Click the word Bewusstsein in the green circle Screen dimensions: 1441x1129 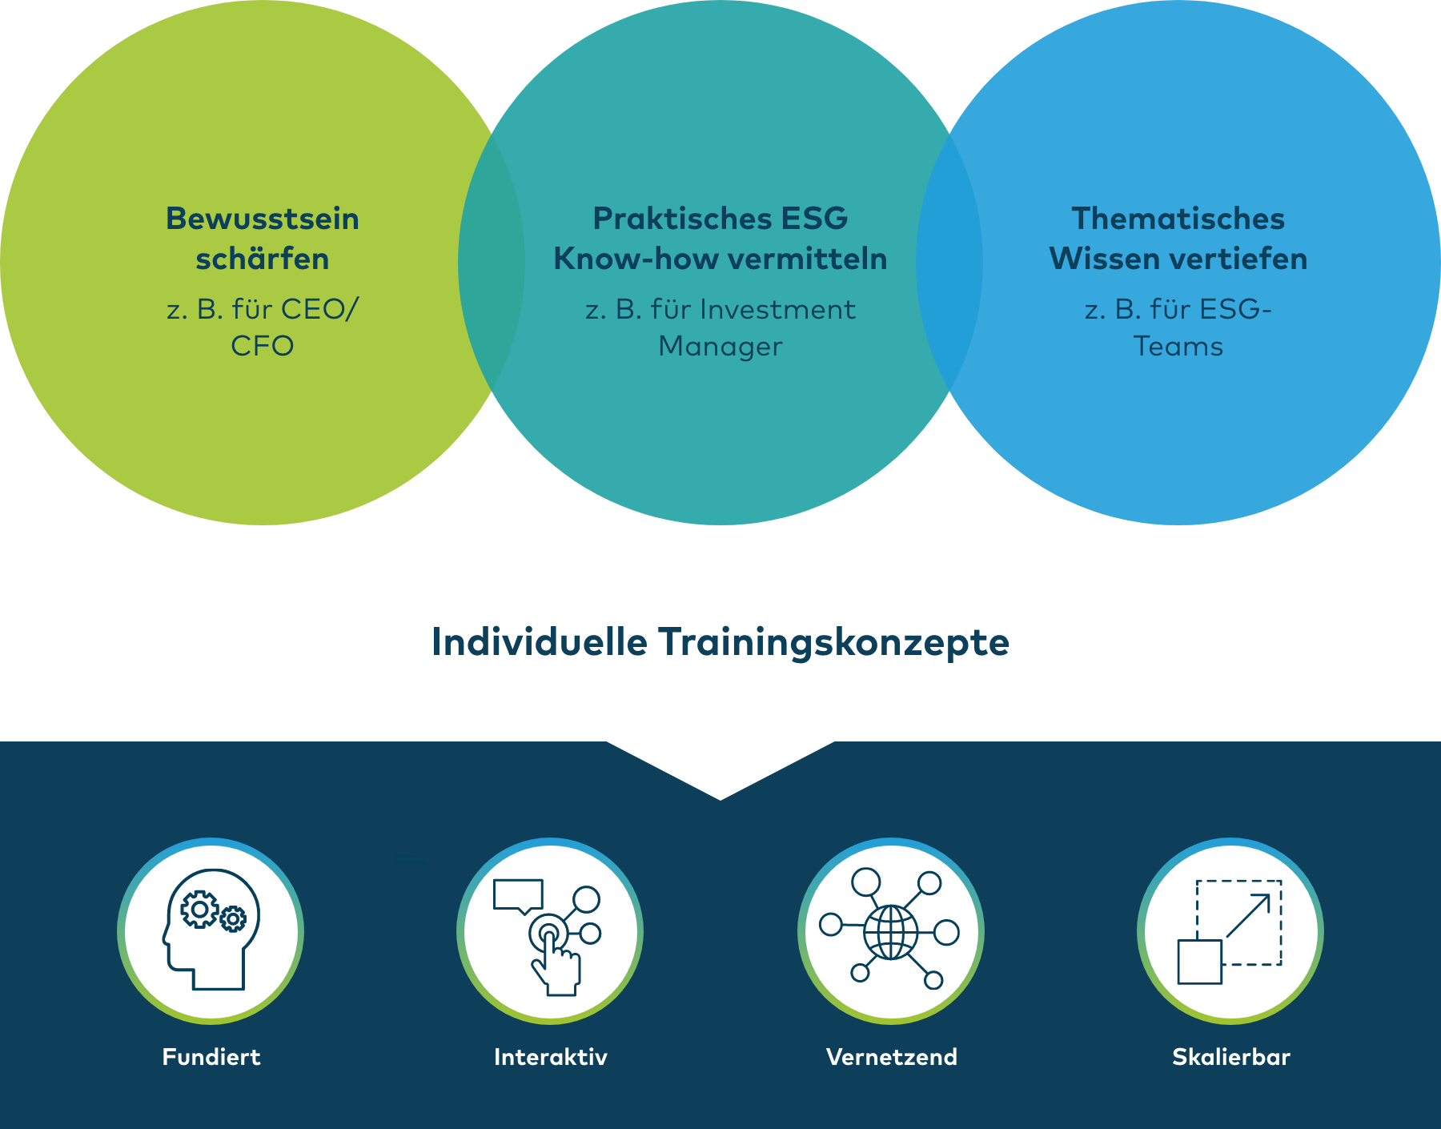(263, 219)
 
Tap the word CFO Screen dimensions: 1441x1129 (263, 346)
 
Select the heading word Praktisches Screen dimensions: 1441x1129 (661, 219)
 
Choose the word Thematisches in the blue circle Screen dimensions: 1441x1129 (1178, 219)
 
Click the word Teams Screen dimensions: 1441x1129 (1178, 346)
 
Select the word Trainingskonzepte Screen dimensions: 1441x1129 (834, 643)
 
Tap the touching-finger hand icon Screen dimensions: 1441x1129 (555, 961)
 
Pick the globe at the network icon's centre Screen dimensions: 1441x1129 (891, 932)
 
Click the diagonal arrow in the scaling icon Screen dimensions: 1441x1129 (1248, 915)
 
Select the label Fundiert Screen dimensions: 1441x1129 (211, 1057)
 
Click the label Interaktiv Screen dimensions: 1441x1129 (551, 1057)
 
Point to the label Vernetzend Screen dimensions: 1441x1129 (892, 1057)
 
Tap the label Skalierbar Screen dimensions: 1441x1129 (1231, 1057)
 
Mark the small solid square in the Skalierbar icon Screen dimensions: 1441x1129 (1200, 962)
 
